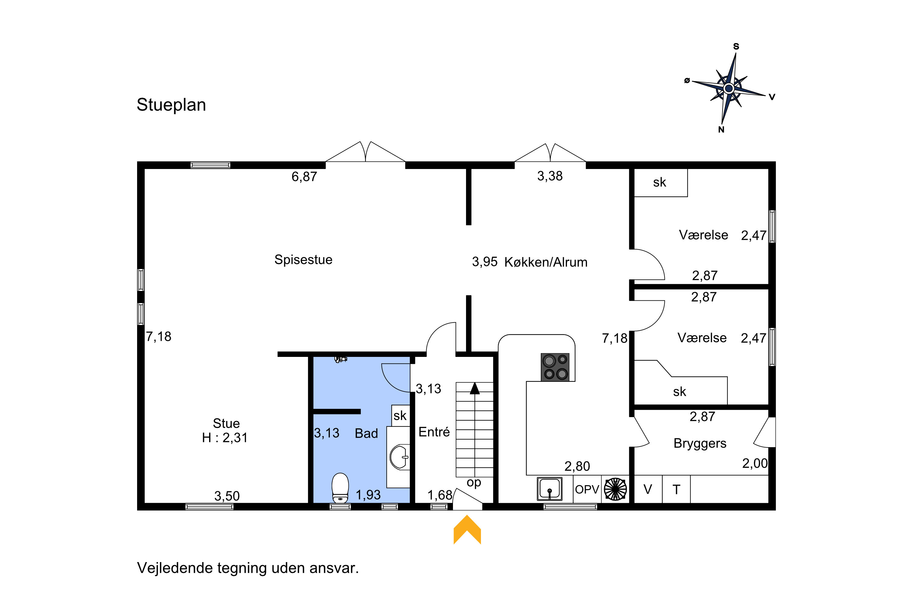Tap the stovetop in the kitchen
(555, 367)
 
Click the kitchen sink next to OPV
(549, 489)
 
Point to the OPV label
(587, 489)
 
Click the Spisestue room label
(303, 259)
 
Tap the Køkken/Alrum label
(546, 262)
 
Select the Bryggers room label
(700, 443)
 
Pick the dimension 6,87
(304, 177)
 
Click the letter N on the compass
(721, 130)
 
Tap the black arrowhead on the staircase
(475, 388)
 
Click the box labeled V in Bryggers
(648, 489)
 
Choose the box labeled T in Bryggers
(676, 489)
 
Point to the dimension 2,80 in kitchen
(577, 466)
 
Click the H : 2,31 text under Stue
(225, 438)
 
